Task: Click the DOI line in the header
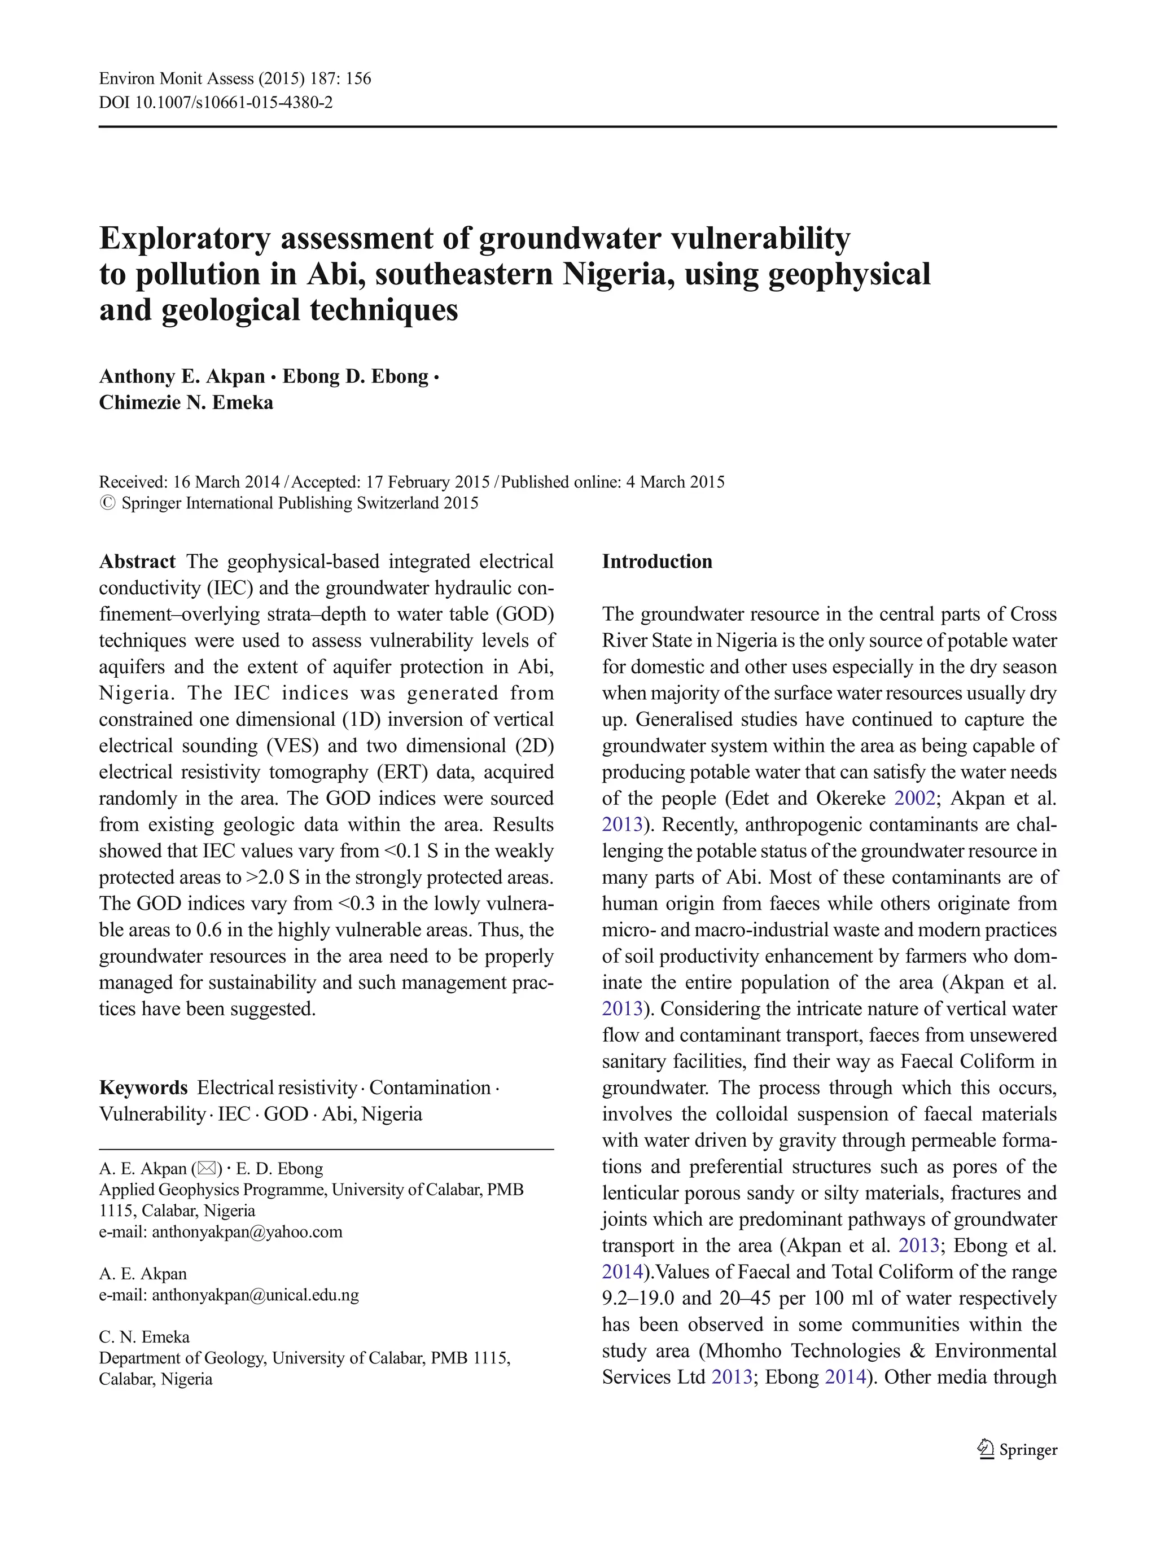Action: click(x=216, y=103)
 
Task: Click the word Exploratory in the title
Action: click(x=184, y=239)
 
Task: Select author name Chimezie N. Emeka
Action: click(x=186, y=403)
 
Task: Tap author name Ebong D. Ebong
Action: click(x=355, y=376)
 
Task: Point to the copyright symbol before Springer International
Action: click(x=107, y=503)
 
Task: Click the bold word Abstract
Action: click(x=137, y=562)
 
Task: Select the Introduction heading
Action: click(x=656, y=562)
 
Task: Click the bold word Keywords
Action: click(x=143, y=1087)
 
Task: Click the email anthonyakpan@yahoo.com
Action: click(x=247, y=1232)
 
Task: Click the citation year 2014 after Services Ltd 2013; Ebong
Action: click(x=846, y=1376)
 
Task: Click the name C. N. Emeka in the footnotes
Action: click(x=144, y=1337)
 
